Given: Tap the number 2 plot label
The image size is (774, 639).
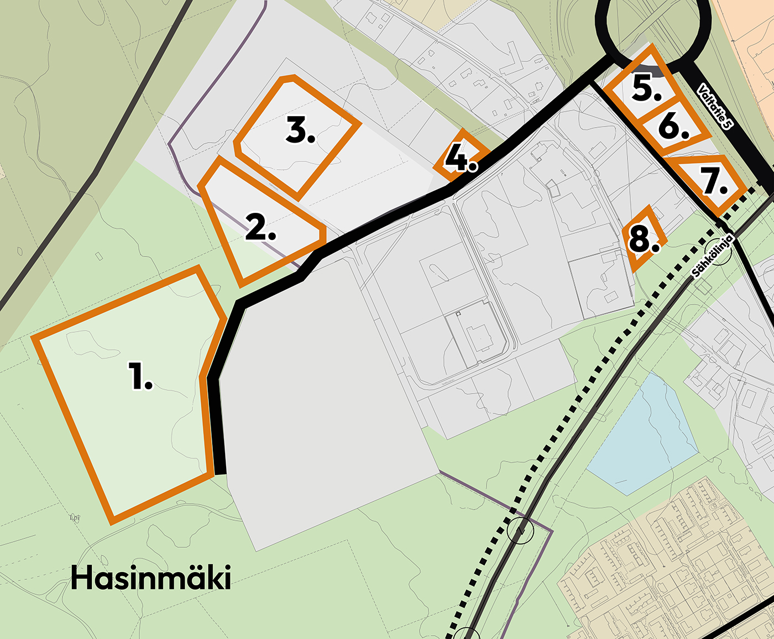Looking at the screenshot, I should pos(260,227).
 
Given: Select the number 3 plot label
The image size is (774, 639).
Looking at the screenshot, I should pos(301,132).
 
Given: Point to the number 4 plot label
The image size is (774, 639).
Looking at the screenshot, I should pos(461,159).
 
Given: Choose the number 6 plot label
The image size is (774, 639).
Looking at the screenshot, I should pos(673,127).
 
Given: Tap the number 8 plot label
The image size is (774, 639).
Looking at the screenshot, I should pos(644,240).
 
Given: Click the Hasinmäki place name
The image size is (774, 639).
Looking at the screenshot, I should pos(150,578).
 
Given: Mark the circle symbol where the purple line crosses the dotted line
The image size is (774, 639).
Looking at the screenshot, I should pos(520,531).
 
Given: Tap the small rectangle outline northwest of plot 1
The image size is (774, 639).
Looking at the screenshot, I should pos(99,256).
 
